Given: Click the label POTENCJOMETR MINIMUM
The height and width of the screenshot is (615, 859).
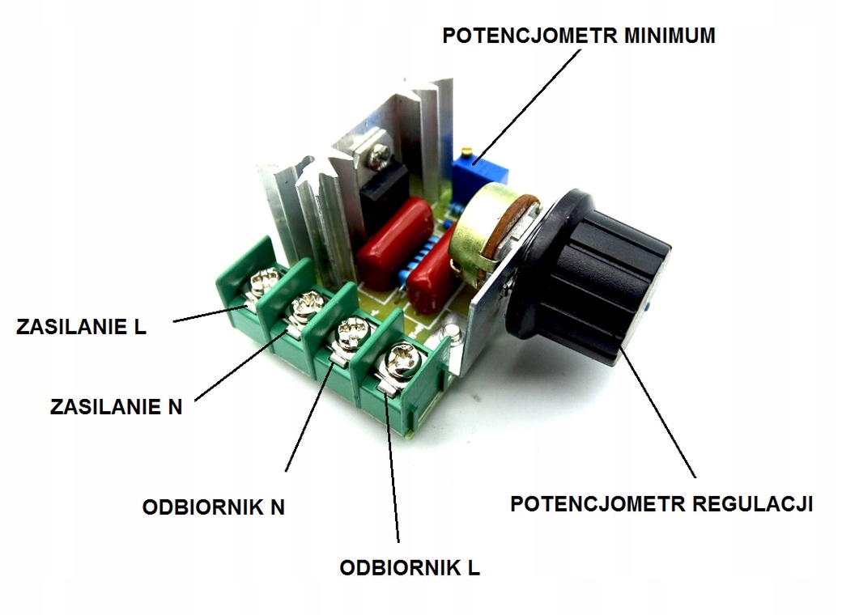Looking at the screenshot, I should pyautogui.click(x=578, y=36).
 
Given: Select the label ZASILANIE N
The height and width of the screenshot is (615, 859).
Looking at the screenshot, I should pyautogui.click(x=116, y=406).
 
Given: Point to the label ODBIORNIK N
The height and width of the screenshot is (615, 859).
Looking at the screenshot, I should pyautogui.click(x=214, y=507).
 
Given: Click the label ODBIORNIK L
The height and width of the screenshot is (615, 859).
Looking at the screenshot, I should pyautogui.click(x=410, y=567).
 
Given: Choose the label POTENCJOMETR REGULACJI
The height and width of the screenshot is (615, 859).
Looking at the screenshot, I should pyautogui.click(x=661, y=503).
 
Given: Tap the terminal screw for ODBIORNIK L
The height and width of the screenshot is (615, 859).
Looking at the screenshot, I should pyautogui.click(x=400, y=357).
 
